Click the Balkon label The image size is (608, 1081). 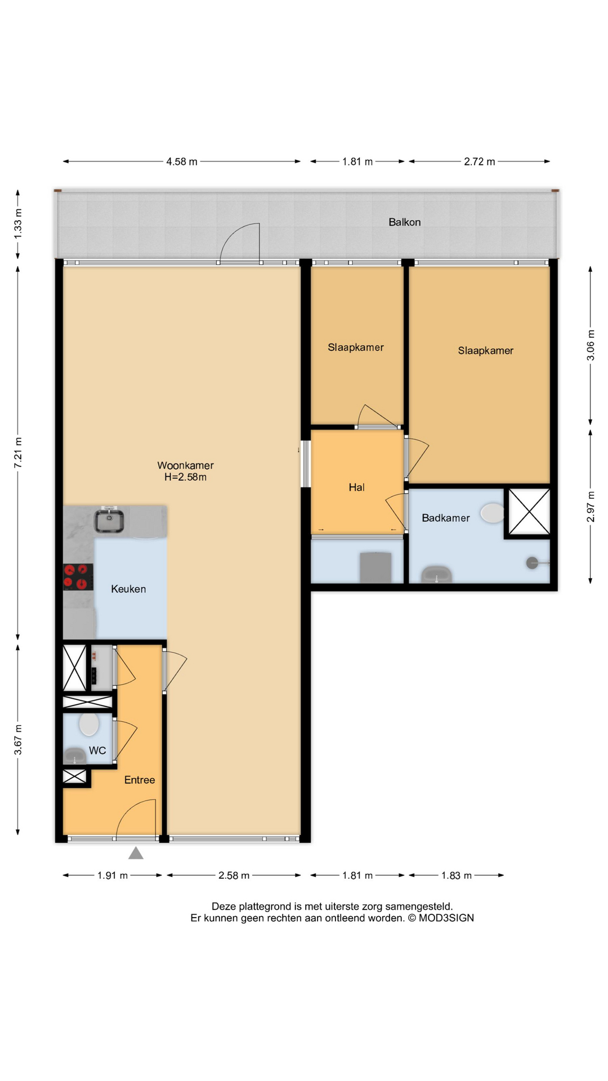404,222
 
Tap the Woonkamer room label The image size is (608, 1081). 185,466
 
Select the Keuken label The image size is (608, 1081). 128,589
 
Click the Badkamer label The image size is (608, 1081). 445,518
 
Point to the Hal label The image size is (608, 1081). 356,488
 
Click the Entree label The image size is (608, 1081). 140,780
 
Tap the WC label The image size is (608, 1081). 97,751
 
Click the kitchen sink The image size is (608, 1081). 109,520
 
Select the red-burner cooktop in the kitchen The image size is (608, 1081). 78,577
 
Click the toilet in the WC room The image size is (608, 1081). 89,725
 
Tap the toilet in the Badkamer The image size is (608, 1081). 493,513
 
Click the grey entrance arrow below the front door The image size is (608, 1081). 136,853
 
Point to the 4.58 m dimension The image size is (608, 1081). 182,162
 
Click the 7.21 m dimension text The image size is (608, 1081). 18,452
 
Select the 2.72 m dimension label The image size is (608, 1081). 480,162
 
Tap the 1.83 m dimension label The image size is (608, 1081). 457,875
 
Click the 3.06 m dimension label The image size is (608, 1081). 591,351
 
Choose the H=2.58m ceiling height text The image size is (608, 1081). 185,477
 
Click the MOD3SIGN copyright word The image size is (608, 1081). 446,918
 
